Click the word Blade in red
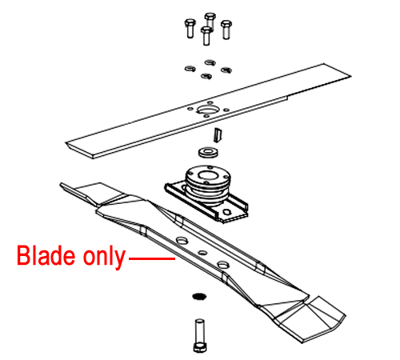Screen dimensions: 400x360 46,255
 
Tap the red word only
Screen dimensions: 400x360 104,257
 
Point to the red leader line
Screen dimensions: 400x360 152,258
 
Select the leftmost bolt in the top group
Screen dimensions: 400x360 190,28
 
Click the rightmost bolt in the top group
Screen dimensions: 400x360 226,30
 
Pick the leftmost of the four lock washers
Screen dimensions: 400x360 190,69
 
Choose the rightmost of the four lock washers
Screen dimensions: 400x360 226,70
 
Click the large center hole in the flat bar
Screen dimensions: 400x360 208,109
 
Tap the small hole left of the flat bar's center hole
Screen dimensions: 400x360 190,109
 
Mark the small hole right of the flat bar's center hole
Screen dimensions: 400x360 226,110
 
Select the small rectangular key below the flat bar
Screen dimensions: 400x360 218,135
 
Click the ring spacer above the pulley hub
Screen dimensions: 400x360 208,152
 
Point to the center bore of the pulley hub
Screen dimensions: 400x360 208,175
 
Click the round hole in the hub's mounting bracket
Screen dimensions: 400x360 226,212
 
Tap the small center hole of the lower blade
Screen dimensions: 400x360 203,253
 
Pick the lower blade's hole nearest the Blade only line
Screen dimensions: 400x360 182,241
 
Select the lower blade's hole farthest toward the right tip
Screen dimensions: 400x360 223,265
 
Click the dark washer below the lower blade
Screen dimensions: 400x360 199,296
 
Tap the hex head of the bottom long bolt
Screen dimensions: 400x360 200,347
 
